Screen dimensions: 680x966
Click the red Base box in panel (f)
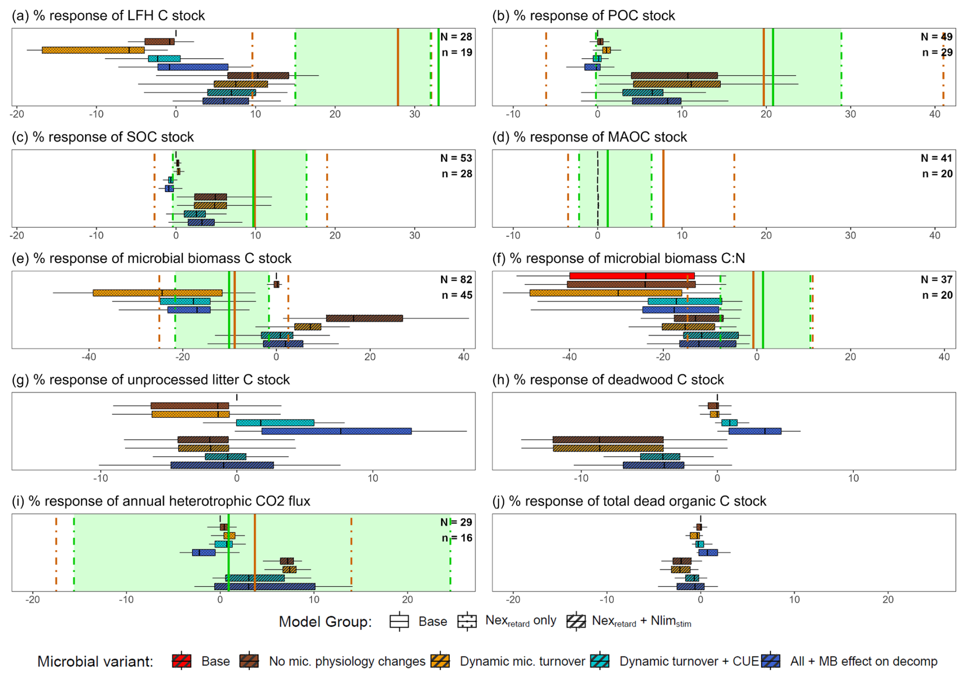(632, 276)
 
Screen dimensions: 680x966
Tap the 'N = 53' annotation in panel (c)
(456, 158)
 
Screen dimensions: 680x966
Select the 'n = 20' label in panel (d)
(937, 174)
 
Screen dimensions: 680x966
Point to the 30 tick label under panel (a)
(415, 114)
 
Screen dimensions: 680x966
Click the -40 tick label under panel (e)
(88, 357)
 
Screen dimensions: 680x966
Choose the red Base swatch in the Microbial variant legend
(182, 661)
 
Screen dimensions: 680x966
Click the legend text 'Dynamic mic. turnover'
(522, 662)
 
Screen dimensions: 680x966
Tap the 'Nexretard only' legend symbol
(467, 621)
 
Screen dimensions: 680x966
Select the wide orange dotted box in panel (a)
(93, 50)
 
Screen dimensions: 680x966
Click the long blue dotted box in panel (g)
(336, 431)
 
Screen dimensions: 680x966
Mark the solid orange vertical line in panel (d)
(663, 189)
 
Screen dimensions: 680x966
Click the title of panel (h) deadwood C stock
(608, 380)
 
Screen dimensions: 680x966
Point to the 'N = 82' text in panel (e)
(456, 279)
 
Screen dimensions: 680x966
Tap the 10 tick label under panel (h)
(853, 479)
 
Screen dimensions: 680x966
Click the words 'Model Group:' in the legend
(325, 622)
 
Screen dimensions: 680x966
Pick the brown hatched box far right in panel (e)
(364, 318)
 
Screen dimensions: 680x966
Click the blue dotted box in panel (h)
(755, 431)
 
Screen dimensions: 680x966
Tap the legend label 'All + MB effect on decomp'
(863, 662)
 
